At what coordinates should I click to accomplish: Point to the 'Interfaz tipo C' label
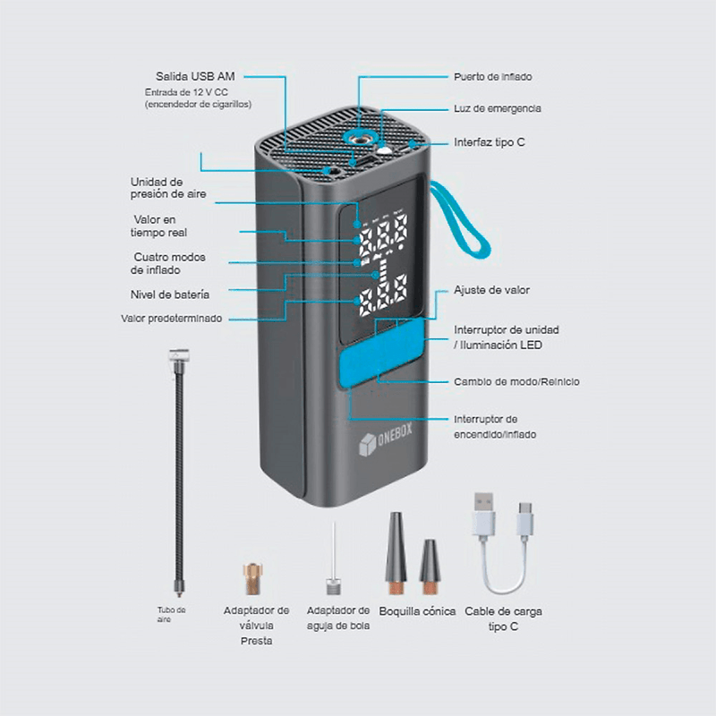[490, 141]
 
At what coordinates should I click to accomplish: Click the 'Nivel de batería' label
[170, 294]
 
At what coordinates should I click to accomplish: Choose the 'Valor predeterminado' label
[172, 318]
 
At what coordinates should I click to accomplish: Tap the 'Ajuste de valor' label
[491, 291]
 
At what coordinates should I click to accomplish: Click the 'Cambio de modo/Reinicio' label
[516, 381]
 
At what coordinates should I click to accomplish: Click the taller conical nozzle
[396, 553]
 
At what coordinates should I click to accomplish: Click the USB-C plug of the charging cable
[524, 519]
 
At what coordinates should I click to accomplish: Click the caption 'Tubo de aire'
[171, 614]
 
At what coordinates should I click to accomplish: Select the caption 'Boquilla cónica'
[417, 611]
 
